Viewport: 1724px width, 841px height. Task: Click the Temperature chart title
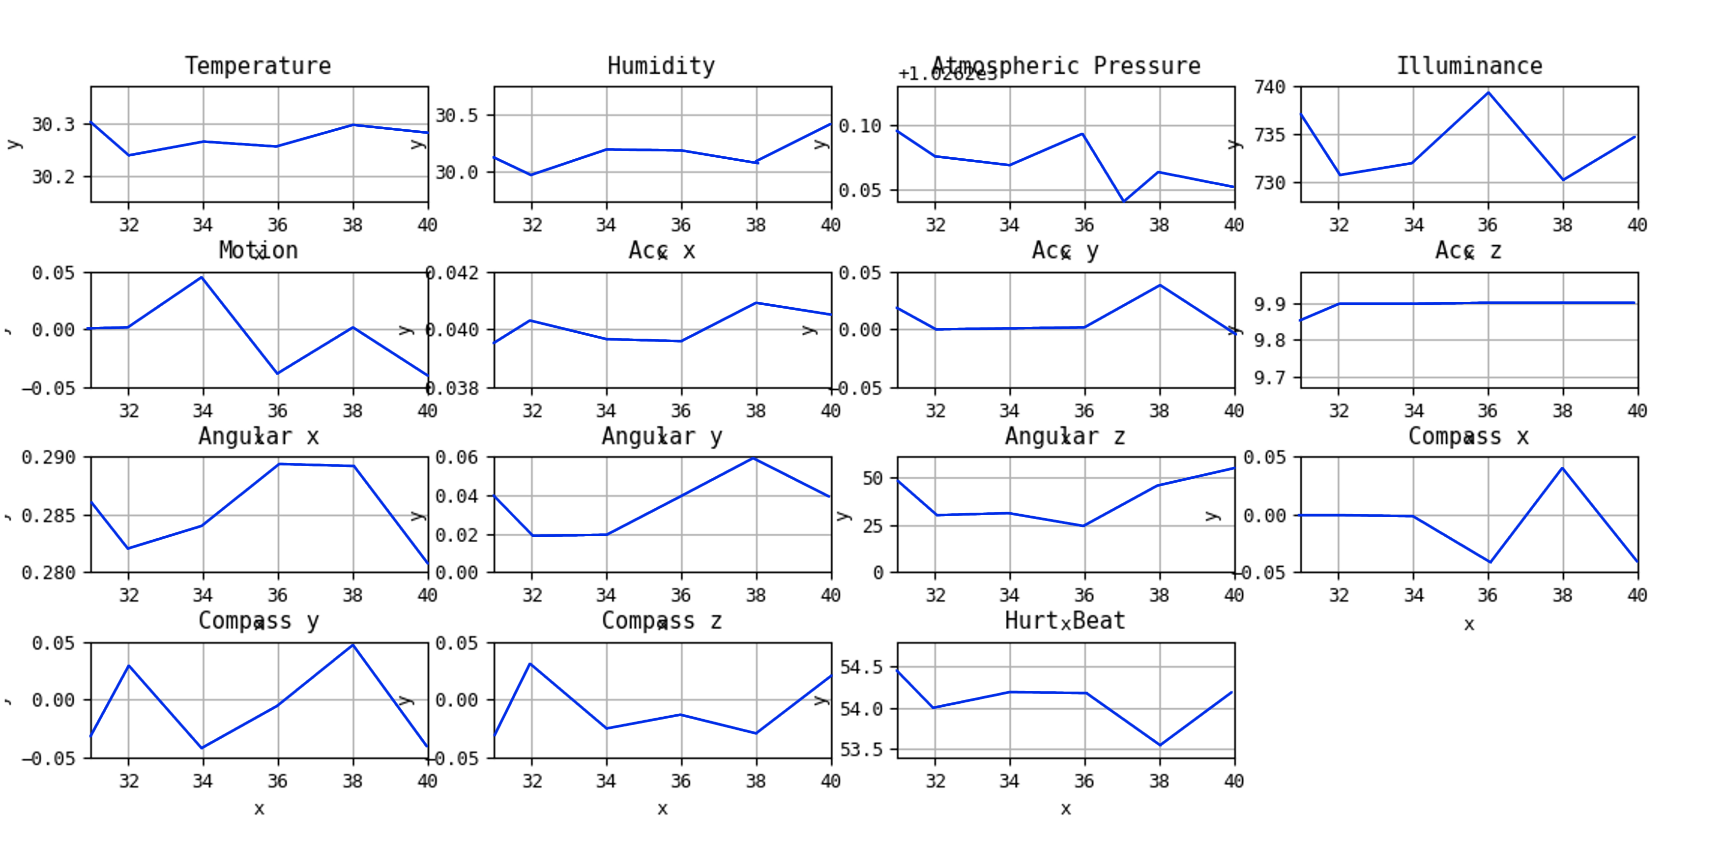[258, 65]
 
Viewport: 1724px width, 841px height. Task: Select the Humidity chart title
[661, 65]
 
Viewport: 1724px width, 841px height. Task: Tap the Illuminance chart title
[1469, 65]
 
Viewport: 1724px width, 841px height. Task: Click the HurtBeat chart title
[1065, 620]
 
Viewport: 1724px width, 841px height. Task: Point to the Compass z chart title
[661, 620]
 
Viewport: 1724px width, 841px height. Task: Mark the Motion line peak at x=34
[202, 277]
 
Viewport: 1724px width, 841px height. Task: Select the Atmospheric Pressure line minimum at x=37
[1124, 201]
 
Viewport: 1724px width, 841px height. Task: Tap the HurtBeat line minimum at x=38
[1160, 745]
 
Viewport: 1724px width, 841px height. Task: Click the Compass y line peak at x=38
[352, 645]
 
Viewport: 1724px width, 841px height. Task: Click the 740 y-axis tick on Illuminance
[1270, 87]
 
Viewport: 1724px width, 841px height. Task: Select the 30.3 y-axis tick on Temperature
[53, 124]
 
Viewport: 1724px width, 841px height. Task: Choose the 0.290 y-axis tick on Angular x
[48, 458]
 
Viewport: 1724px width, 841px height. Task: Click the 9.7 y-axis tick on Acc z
[1270, 378]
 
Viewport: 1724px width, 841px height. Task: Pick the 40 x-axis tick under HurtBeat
[1234, 781]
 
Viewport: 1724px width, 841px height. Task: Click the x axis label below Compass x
[1469, 625]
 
